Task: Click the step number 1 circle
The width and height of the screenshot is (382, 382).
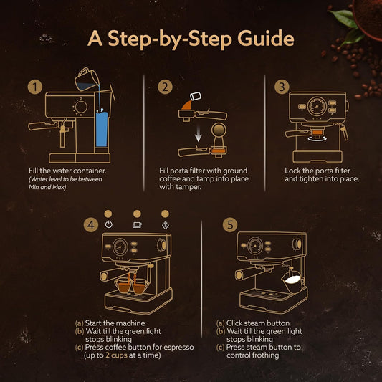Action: pos(33,87)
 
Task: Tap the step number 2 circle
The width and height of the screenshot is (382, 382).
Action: pos(166,87)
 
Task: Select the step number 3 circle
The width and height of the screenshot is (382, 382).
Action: pos(282,87)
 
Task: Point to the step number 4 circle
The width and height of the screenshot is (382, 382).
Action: pos(90,225)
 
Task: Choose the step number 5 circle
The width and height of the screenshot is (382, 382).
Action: pos(229,225)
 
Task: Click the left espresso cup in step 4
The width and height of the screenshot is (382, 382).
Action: pos(123,286)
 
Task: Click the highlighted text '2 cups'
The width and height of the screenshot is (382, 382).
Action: pos(118,355)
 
